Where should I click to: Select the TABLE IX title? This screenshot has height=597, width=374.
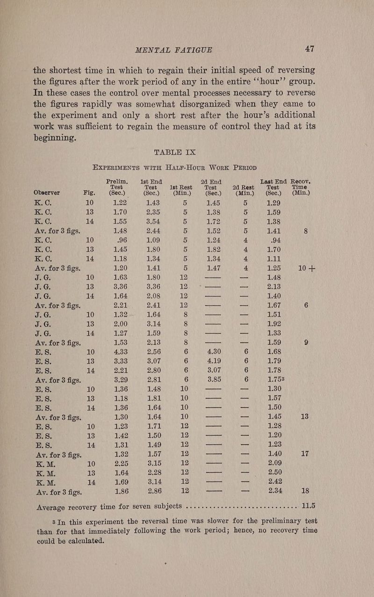tap(188, 139)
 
